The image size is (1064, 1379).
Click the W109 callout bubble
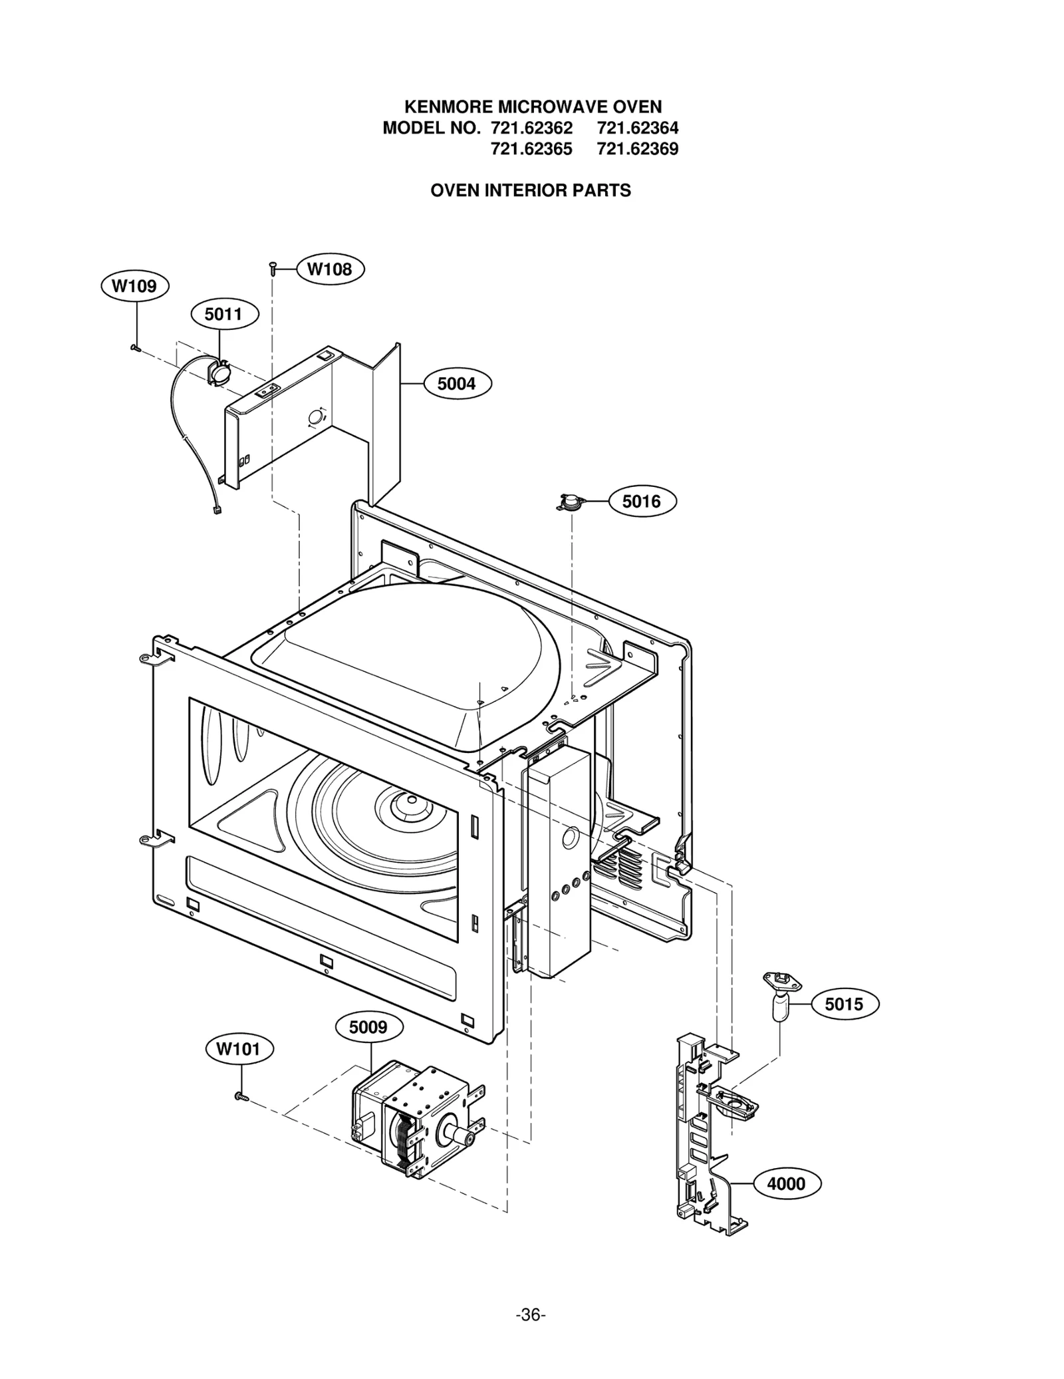point(134,286)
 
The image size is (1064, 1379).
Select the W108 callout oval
point(329,269)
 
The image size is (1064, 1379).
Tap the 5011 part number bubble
point(223,314)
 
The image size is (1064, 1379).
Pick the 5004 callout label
point(457,384)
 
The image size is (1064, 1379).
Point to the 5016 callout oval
point(642,502)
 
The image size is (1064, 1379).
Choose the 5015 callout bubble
point(844,1004)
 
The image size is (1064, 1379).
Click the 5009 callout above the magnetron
point(368,1027)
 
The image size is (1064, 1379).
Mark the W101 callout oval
point(239,1049)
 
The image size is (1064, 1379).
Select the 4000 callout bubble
point(786,1183)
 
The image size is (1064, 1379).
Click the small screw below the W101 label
point(241,1096)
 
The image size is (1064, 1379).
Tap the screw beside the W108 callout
point(273,268)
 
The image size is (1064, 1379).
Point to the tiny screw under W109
point(135,347)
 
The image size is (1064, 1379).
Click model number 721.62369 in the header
point(637,149)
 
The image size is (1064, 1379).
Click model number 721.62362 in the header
point(531,128)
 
